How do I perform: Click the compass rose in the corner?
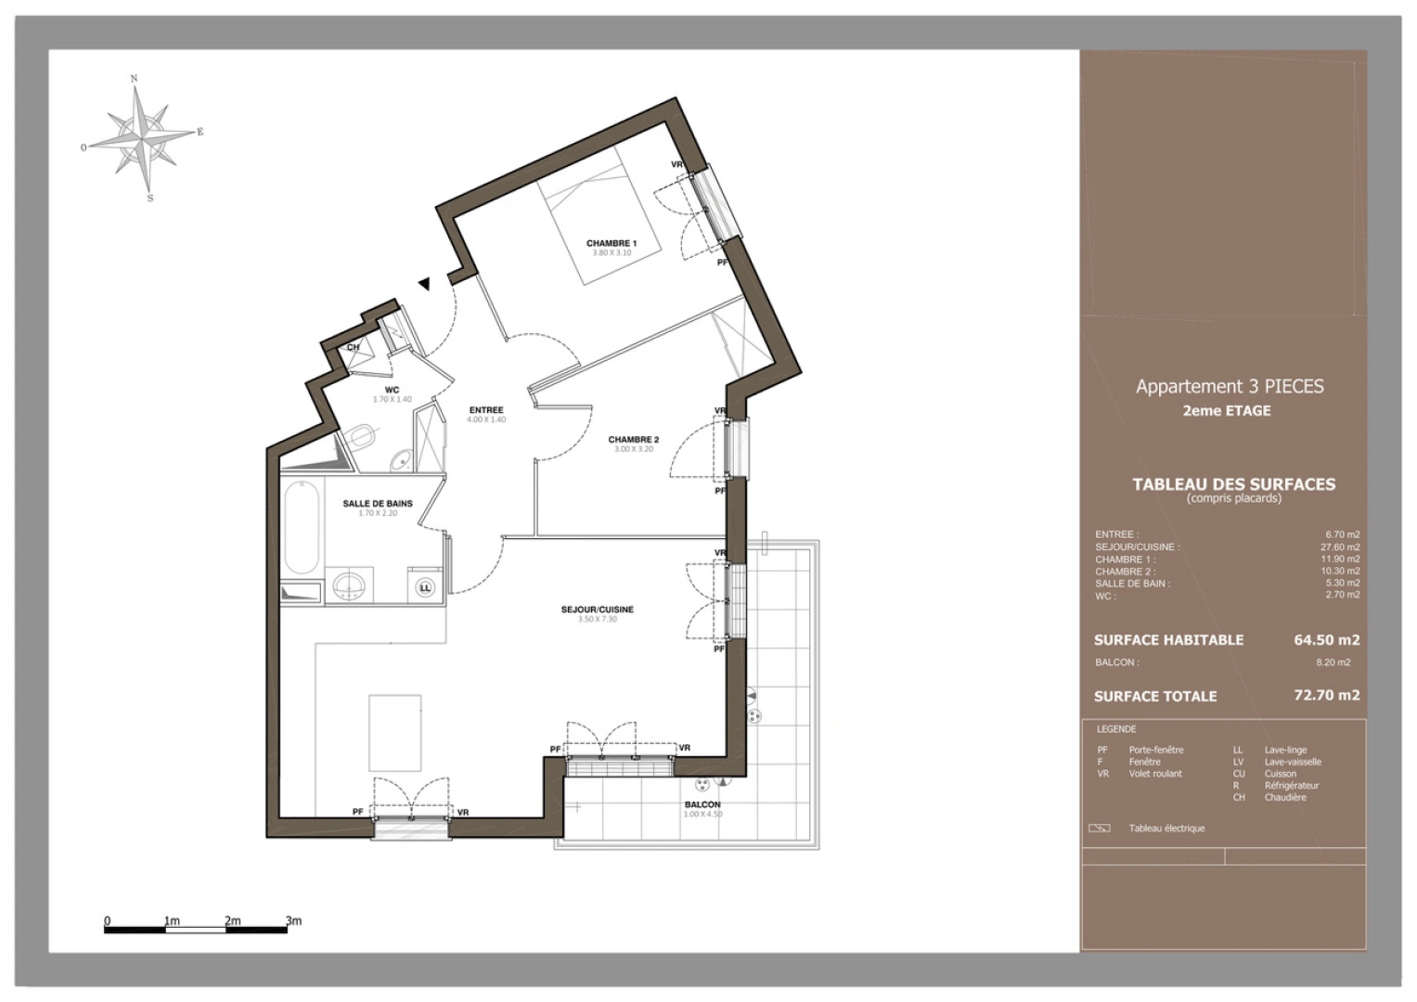click(x=140, y=137)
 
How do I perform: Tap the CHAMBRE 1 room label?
click(x=612, y=243)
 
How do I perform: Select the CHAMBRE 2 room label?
click(x=634, y=440)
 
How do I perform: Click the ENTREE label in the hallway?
click(x=486, y=410)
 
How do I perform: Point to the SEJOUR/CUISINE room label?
click(x=598, y=610)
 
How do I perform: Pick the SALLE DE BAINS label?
click(x=378, y=504)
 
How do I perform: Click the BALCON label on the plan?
click(x=702, y=804)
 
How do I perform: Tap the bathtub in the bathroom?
click(x=302, y=526)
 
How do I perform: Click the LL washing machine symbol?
click(x=425, y=587)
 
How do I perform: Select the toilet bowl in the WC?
click(x=362, y=434)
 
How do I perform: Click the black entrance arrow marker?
click(x=424, y=284)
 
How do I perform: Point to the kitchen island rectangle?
click(x=395, y=733)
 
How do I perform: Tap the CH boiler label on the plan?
click(x=353, y=348)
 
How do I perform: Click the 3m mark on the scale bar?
click(x=293, y=921)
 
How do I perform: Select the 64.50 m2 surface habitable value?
click(x=1326, y=640)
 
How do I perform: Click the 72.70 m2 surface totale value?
click(x=1326, y=695)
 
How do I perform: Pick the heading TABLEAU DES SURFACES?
click(x=1233, y=484)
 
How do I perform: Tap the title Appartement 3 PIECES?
click(x=1230, y=386)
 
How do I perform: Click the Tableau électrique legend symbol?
click(x=1099, y=829)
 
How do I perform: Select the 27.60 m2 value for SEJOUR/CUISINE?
click(x=1340, y=547)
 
